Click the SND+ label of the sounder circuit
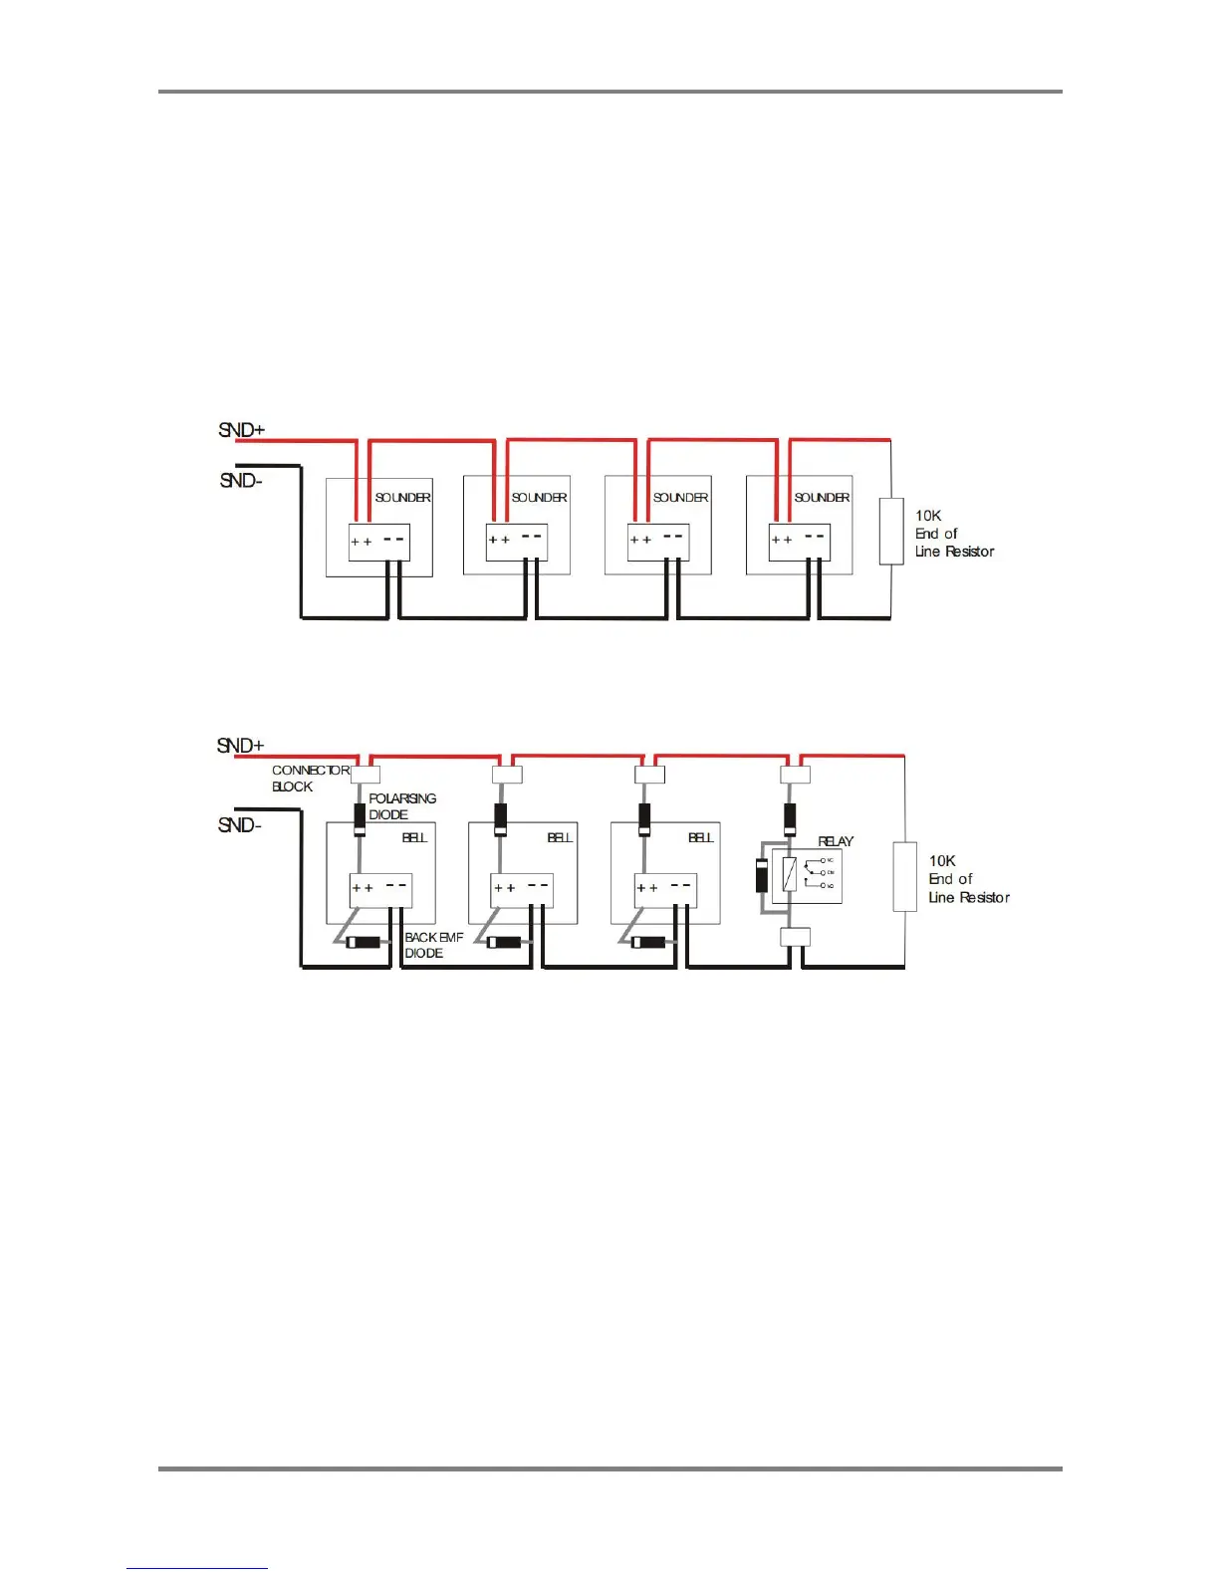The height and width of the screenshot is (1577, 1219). (x=241, y=430)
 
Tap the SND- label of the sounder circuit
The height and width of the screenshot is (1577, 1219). (x=241, y=480)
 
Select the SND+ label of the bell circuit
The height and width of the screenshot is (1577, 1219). (x=240, y=746)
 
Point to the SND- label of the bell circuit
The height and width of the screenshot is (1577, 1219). (x=240, y=825)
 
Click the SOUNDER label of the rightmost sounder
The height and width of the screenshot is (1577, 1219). (x=822, y=497)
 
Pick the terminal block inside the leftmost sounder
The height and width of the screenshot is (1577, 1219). (x=378, y=542)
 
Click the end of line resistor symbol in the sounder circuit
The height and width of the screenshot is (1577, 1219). (x=891, y=532)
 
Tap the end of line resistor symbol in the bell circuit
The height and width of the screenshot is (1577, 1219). (x=904, y=876)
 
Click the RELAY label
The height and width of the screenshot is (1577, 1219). (x=836, y=841)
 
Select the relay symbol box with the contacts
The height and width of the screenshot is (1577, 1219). (x=807, y=876)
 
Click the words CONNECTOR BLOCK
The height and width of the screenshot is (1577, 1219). (x=310, y=778)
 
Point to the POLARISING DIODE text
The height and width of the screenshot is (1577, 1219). (x=402, y=806)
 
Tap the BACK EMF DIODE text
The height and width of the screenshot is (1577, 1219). (x=433, y=945)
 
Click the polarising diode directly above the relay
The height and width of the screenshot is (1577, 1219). (x=790, y=818)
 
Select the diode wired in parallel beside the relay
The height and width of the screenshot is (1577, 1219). (x=762, y=874)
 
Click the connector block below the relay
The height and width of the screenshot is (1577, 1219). (x=795, y=937)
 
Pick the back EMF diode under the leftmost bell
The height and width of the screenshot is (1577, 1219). (x=364, y=942)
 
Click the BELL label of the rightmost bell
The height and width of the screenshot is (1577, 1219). (x=701, y=837)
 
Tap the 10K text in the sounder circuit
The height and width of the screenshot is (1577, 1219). (x=928, y=516)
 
